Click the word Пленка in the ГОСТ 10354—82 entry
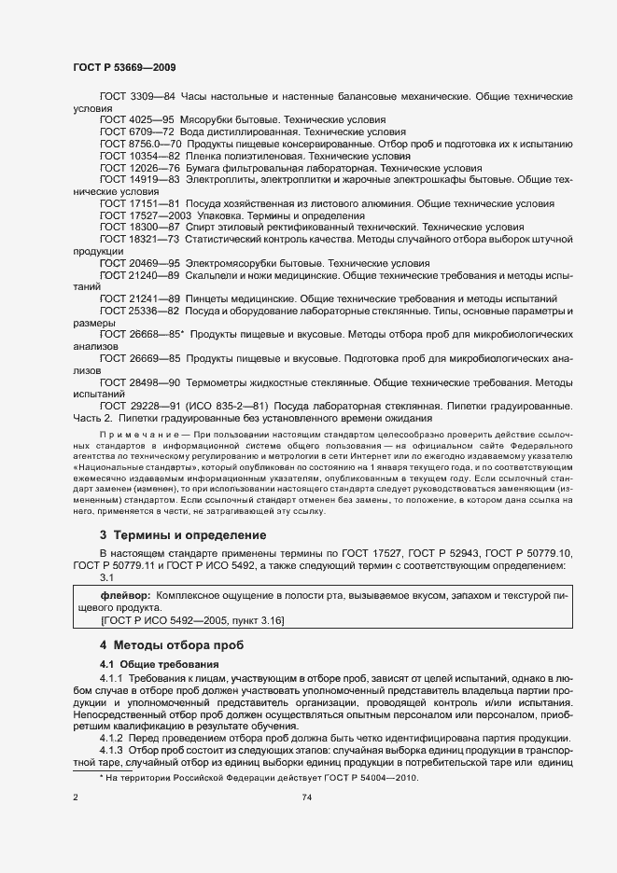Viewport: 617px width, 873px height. point(203,157)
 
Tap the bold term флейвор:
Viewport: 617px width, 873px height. point(125,594)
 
